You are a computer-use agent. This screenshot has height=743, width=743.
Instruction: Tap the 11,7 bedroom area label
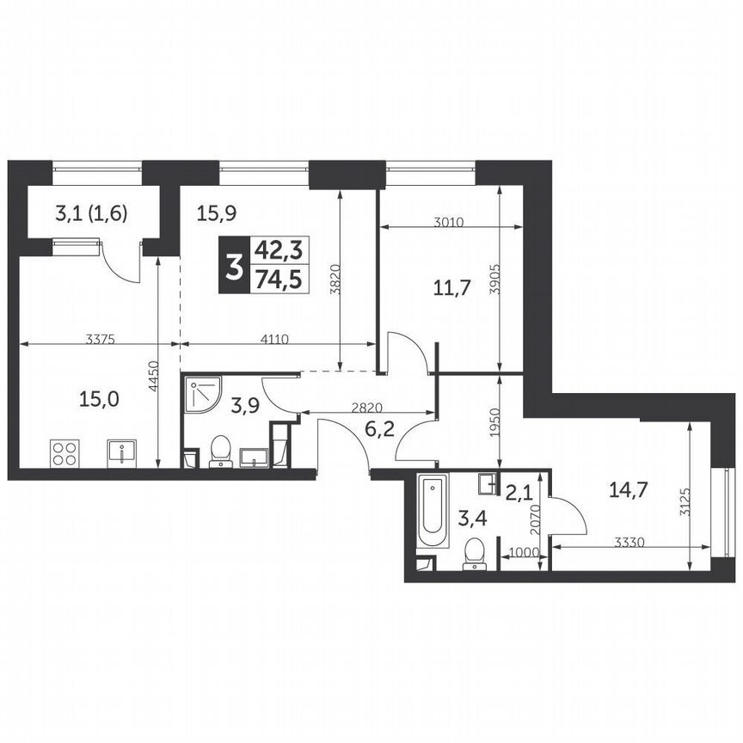452,288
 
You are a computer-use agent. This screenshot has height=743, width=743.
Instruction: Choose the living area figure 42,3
280,250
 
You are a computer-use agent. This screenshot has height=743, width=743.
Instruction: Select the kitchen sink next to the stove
122,451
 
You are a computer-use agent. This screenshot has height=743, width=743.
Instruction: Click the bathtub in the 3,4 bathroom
433,513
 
